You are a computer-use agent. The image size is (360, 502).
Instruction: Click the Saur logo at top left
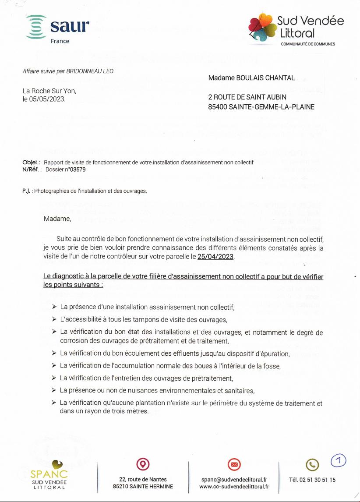click(57, 28)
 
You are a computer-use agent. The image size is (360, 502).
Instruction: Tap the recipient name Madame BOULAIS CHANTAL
click(251, 78)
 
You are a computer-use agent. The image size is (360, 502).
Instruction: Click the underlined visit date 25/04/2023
click(215, 257)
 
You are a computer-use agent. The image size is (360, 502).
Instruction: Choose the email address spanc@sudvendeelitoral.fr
click(234, 480)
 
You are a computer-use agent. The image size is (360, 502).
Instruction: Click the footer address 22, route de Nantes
click(143, 479)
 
